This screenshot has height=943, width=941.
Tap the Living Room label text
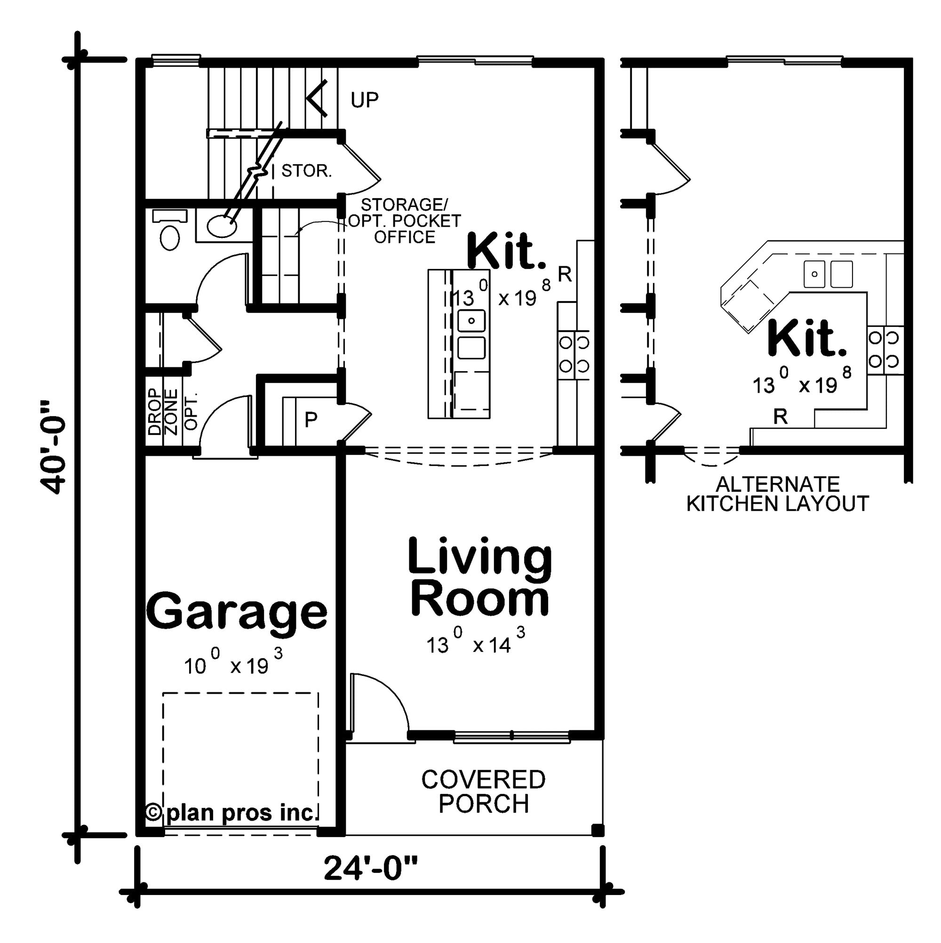pyautogui.click(x=480, y=577)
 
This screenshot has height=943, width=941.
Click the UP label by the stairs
pyautogui.click(x=364, y=100)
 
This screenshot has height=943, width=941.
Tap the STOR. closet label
pyautogui.click(x=307, y=171)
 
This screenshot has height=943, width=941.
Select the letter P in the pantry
pyautogui.click(x=311, y=419)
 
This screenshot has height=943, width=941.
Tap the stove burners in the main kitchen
pyautogui.click(x=574, y=354)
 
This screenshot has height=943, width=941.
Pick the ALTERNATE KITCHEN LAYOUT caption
pyautogui.click(x=777, y=494)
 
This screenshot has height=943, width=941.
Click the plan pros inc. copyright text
pyautogui.click(x=232, y=813)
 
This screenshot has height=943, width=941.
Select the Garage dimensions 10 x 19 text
pyautogui.click(x=233, y=665)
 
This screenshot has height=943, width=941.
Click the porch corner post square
pyautogui.click(x=597, y=830)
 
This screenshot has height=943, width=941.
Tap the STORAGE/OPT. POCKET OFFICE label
pyautogui.click(x=404, y=221)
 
